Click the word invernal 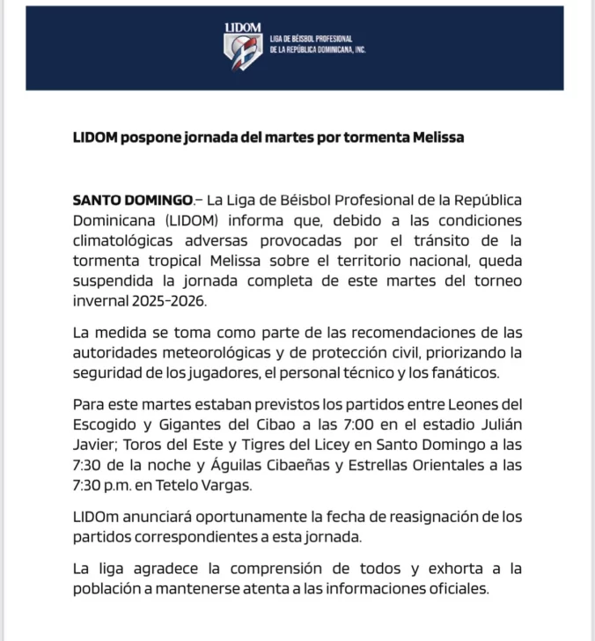[101, 301]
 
